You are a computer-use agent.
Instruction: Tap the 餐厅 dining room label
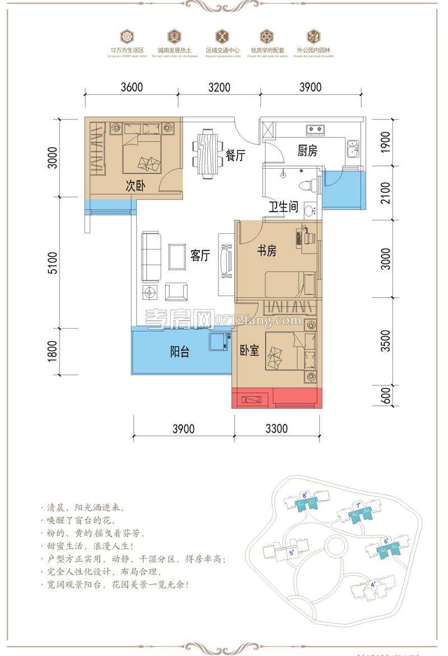coord(235,156)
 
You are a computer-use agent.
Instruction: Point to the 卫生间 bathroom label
coord(283,207)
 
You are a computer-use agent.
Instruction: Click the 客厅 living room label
coord(200,256)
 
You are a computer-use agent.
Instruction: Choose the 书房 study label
coord(267,251)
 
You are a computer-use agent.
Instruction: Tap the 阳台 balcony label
coord(179,352)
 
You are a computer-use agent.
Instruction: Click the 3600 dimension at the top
coord(132,87)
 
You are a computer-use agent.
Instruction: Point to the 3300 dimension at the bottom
coord(276,429)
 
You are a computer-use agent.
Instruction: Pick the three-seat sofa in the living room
coord(150,257)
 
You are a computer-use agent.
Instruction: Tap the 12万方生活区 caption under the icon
coord(127,50)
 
